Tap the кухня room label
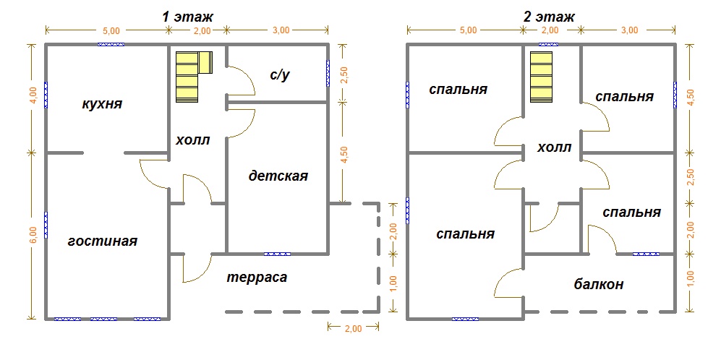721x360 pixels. [102, 104]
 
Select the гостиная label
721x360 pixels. [102, 241]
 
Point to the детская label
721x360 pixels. [278, 176]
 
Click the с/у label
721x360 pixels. [281, 74]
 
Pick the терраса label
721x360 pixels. [257, 278]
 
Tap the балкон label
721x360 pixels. [600, 284]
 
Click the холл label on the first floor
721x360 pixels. [193, 140]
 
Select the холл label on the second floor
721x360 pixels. [555, 147]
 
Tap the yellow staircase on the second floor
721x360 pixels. [541, 77]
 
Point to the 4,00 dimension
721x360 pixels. [32, 97]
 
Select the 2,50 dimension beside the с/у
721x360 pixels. [344, 74]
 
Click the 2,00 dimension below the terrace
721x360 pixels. [352, 329]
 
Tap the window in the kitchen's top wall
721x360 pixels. [111, 45]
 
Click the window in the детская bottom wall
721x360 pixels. [278, 254]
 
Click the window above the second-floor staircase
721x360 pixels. [545, 45]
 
